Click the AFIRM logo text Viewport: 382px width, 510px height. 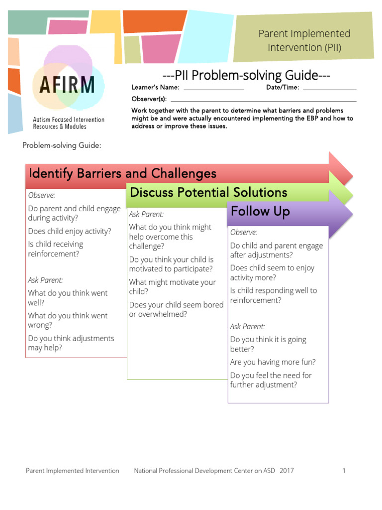coord(64,85)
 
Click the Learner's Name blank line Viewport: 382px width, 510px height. coord(214,89)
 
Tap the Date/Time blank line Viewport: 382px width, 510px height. coord(329,89)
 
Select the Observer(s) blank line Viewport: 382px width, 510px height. coord(263,101)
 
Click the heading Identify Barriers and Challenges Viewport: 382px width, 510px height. coord(123,174)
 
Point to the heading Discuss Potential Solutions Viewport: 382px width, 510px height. coord(208,193)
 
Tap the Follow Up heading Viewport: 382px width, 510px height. coord(260,212)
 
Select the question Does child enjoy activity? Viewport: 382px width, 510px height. coord(70,231)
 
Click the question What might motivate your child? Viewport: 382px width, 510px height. coord(172,287)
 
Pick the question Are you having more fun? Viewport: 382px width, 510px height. coord(273,362)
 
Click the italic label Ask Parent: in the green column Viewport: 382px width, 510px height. coord(146,214)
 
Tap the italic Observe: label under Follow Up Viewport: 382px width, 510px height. coord(244,232)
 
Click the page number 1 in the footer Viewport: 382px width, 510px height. coord(344,471)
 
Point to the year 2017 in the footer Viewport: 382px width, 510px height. coord(286,471)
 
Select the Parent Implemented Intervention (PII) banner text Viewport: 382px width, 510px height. coord(304,41)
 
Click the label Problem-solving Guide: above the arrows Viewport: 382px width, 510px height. coord(62,145)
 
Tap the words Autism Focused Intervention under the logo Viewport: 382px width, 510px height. coord(69,120)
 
